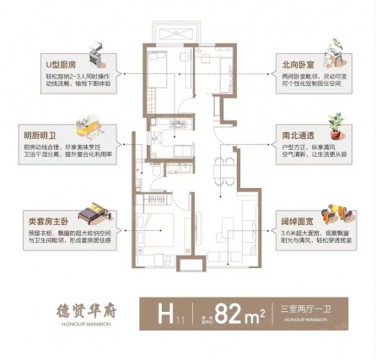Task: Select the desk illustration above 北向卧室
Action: click(x=335, y=55)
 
